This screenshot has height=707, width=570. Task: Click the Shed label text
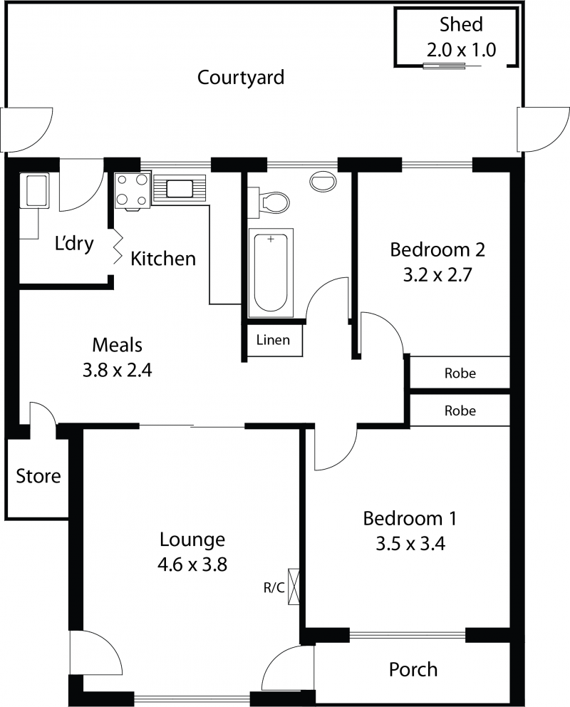(x=461, y=24)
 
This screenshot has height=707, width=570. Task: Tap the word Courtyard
(x=241, y=78)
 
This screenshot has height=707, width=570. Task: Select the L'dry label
(x=74, y=244)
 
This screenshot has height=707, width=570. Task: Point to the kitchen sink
(x=180, y=188)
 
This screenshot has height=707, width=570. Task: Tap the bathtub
(x=270, y=272)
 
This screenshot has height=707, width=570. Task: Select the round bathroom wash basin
(x=323, y=181)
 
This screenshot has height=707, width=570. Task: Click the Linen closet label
(x=273, y=339)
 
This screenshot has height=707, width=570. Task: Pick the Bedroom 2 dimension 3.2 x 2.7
(x=437, y=274)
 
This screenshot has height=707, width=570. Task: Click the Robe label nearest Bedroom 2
(x=460, y=373)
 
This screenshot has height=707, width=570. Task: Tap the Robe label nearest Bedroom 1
(x=460, y=411)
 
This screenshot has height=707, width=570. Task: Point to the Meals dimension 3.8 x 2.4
(x=117, y=370)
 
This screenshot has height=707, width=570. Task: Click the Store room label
(x=38, y=476)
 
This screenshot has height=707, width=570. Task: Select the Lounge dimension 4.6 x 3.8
(x=192, y=564)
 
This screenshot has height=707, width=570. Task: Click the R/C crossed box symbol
(x=293, y=587)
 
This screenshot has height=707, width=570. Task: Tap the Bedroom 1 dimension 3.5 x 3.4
(x=410, y=544)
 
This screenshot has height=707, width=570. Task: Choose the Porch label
(x=413, y=670)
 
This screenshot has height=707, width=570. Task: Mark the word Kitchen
(x=163, y=259)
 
